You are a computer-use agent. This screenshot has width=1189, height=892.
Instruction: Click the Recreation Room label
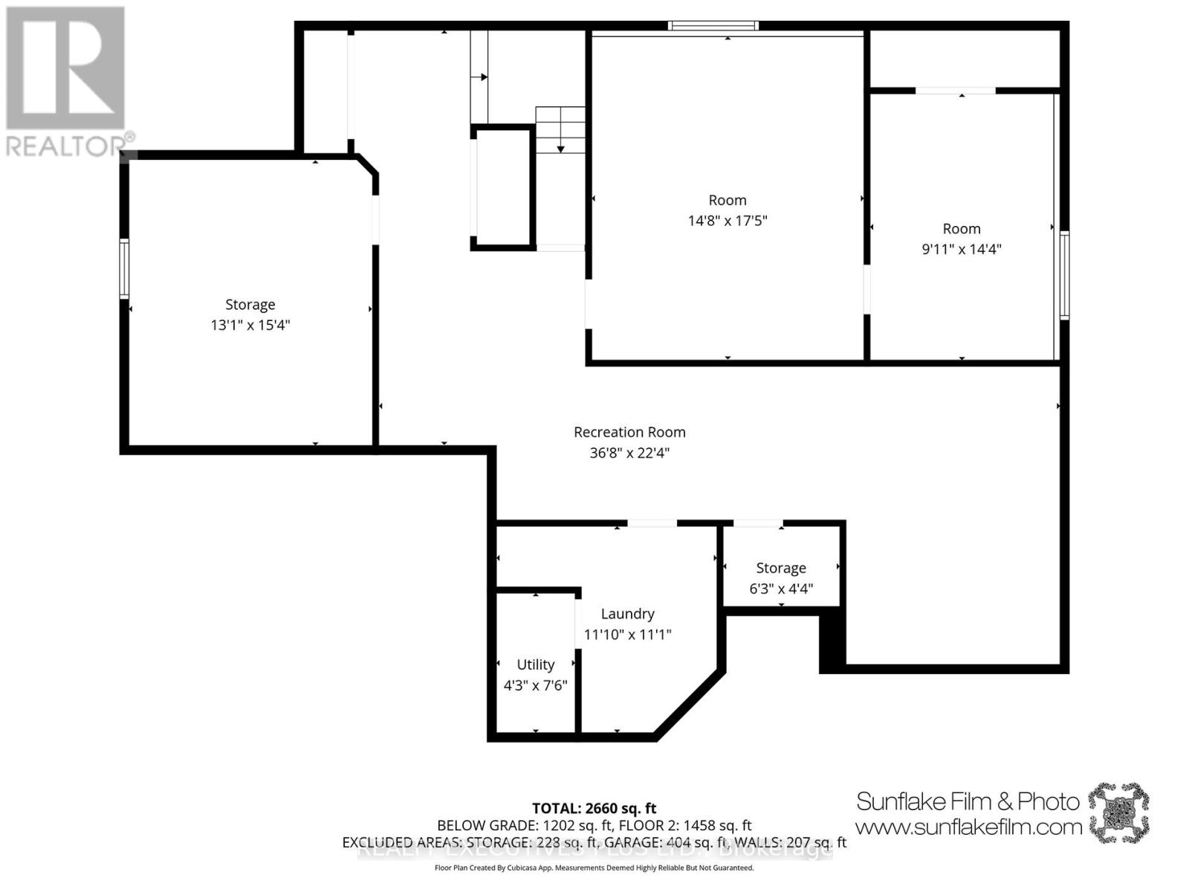coord(629,432)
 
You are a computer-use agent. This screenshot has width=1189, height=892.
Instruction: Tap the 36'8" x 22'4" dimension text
coord(629,453)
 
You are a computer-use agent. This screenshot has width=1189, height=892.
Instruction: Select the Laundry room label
coord(627,614)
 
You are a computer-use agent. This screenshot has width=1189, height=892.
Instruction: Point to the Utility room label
coord(535,665)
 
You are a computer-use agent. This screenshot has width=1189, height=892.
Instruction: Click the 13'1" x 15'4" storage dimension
coord(250,326)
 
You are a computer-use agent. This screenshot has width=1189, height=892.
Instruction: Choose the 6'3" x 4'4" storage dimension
coord(780,589)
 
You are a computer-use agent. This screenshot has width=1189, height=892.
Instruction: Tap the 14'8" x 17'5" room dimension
coord(727,221)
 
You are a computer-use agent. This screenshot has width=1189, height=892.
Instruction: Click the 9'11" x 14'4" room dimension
coord(961,249)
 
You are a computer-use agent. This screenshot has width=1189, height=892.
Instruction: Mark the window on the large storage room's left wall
coord(125,268)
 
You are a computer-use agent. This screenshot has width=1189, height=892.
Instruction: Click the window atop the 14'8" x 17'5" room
coord(713,26)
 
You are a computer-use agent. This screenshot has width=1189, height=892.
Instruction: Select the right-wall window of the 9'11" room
coord(1063,275)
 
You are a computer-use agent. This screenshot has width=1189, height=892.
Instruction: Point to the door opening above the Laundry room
coord(652,524)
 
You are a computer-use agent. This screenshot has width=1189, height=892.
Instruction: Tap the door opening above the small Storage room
coord(757,524)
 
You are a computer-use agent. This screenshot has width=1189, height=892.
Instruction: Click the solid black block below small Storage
coord(832,641)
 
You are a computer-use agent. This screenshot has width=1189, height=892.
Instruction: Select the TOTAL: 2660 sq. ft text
coord(594,808)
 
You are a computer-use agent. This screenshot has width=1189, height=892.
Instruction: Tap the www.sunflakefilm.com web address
coord(968,827)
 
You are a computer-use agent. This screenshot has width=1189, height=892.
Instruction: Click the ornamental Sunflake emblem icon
coord(1118,812)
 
